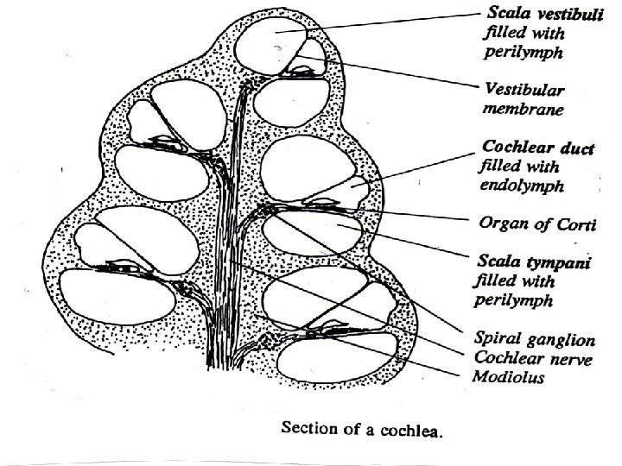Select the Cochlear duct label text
[x=536, y=149]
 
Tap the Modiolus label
[x=508, y=376]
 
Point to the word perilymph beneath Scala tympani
[x=513, y=300]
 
